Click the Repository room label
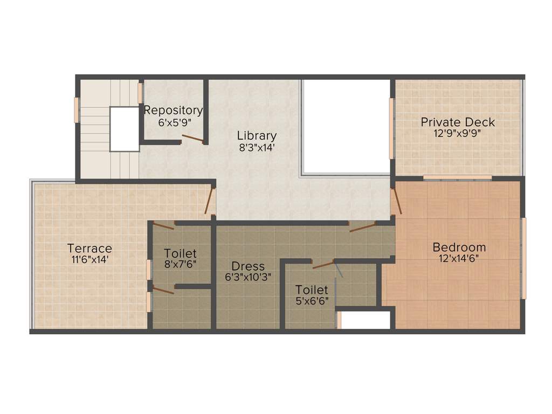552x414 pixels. point(173,111)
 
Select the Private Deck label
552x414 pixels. point(458,122)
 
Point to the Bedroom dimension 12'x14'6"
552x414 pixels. point(459,258)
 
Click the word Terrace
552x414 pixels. point(89,249)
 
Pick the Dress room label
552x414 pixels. point(248,266)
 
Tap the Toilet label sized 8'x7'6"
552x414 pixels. point(180,253)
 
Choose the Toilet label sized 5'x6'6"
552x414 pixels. point(312,290)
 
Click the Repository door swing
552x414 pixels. point(192,139)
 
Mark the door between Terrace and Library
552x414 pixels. point(209,201)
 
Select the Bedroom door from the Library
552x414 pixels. point(397,201)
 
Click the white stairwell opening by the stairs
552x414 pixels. point(125,129)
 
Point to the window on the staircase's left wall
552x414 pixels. point(77,110)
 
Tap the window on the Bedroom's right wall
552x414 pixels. point(523,258)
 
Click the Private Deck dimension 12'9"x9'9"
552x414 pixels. point(458,133)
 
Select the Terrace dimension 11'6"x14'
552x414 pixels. point(89,259)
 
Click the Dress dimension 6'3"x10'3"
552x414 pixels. point(248,278)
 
